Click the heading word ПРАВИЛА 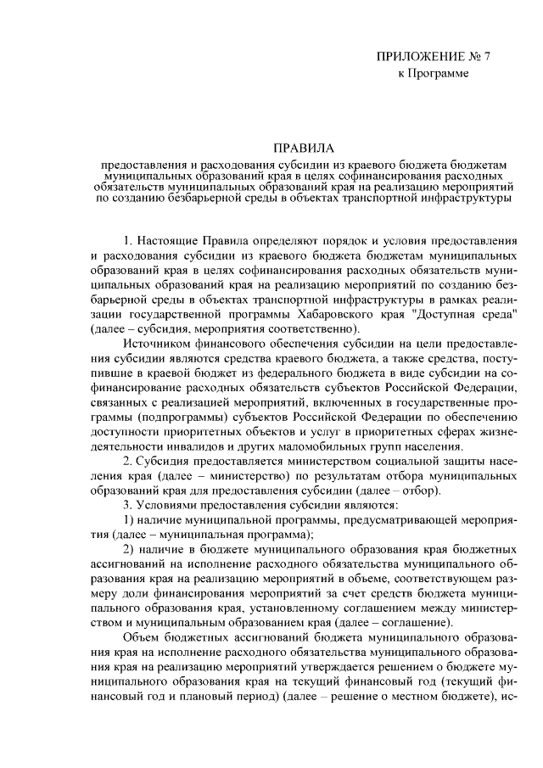[304, 147]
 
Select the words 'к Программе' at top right [433, 74]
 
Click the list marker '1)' [129, 519]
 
